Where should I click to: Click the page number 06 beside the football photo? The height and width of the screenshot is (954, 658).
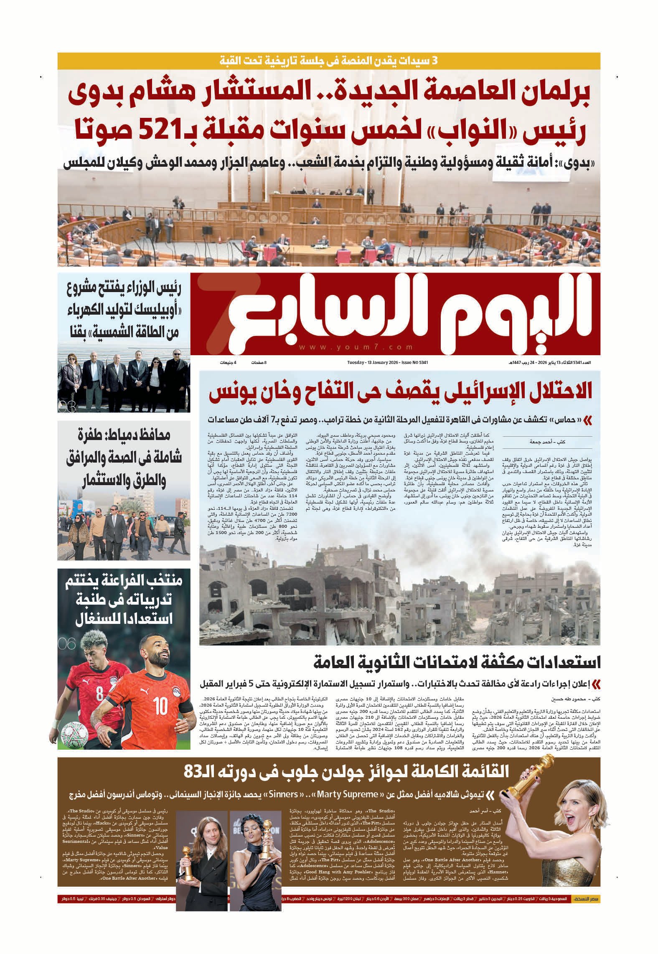(x=67, y=644)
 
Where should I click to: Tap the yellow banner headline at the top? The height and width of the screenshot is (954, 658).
(x=329, y=60)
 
